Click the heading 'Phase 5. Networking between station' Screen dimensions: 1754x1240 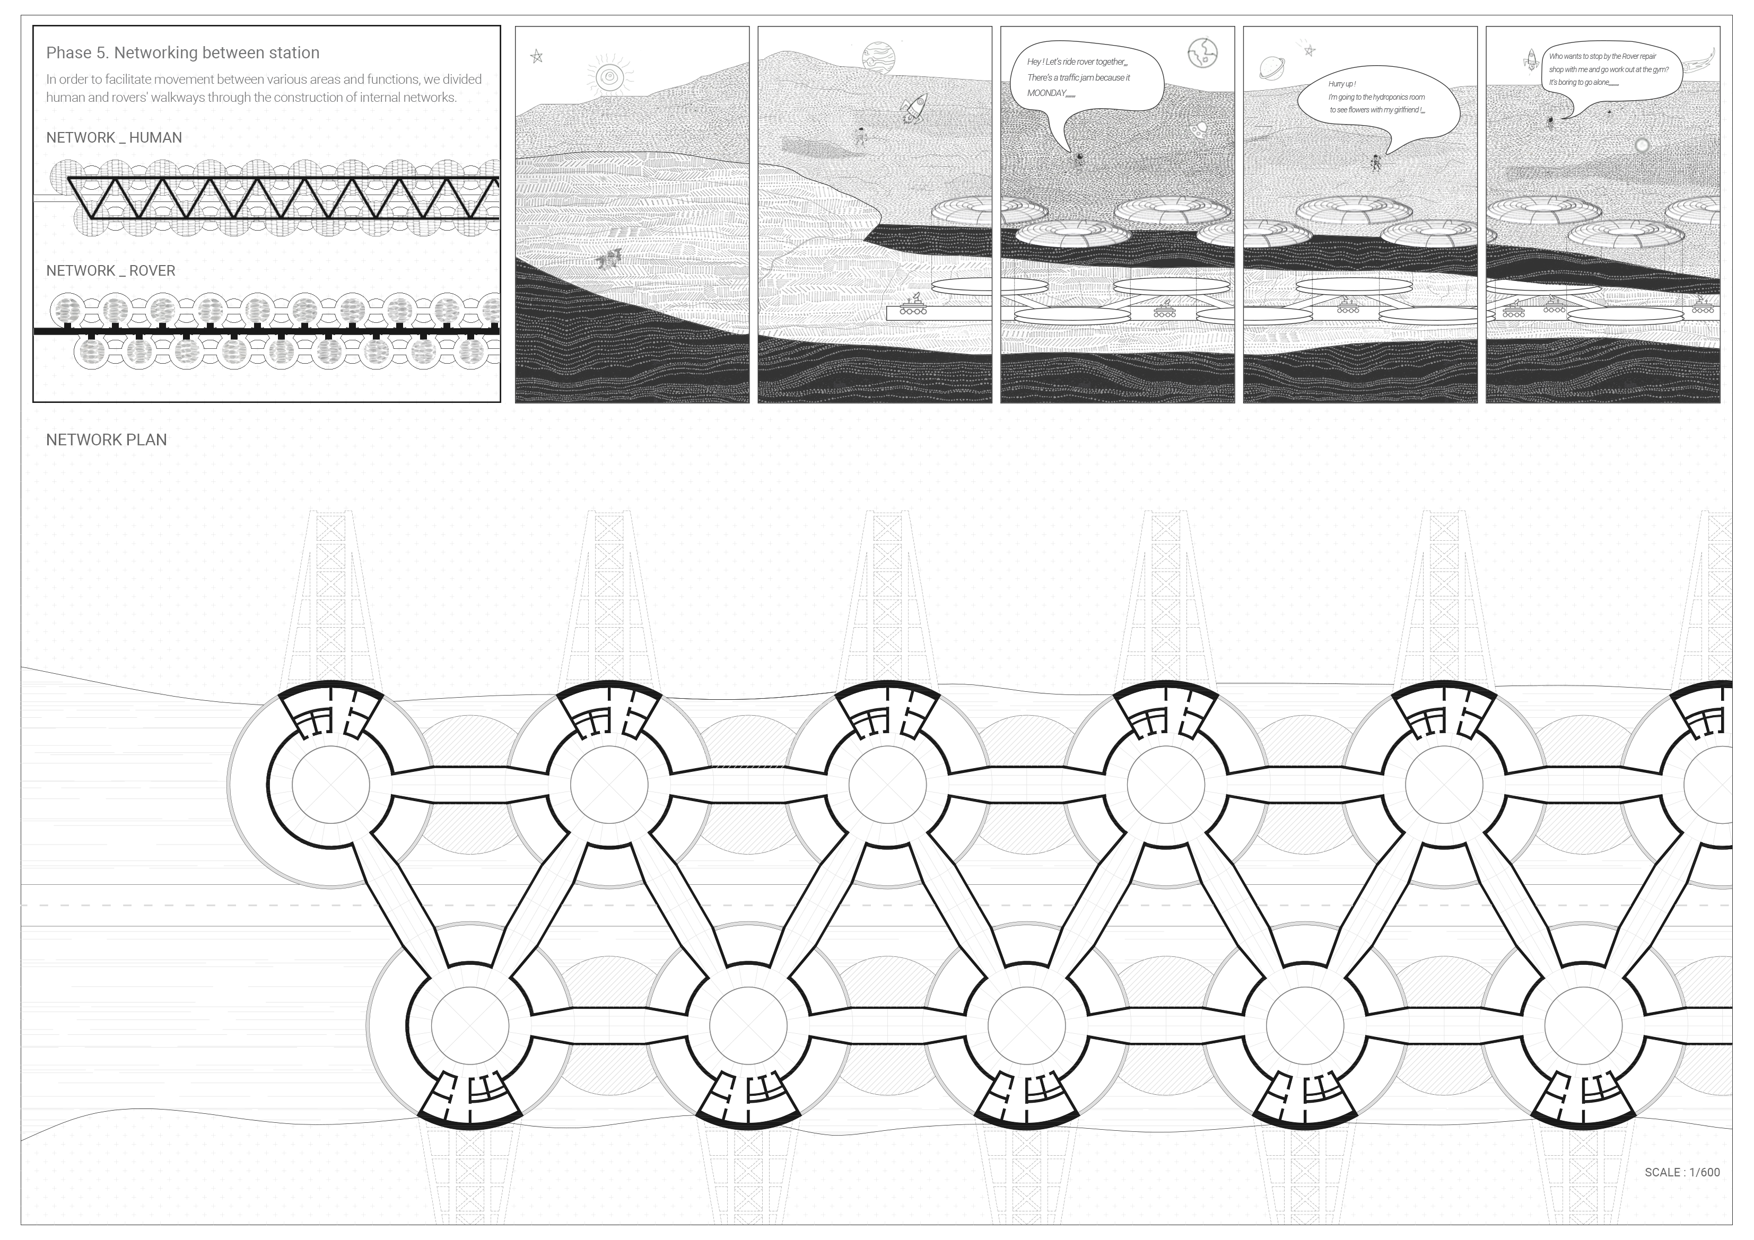click(x=182, y=52)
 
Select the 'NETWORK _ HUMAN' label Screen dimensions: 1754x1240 click(x=114, y=137)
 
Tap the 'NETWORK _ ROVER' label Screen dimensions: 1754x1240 click(x=111, y=270)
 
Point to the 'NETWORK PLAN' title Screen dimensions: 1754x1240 click(x=106, y=440)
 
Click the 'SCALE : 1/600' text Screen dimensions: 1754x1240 click(x=1682, y=1172)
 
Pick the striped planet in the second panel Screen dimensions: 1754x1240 click(x=877, y=57)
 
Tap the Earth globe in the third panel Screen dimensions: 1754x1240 click(x=1202, y=52)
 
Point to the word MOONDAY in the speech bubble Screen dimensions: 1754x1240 click(x=1046, y=93)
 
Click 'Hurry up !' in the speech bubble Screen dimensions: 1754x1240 click(x=1342, y=84)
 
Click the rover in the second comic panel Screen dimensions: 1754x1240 click(x=913, y=305)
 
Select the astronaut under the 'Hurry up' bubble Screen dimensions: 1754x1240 click(x=1376, y=162)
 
